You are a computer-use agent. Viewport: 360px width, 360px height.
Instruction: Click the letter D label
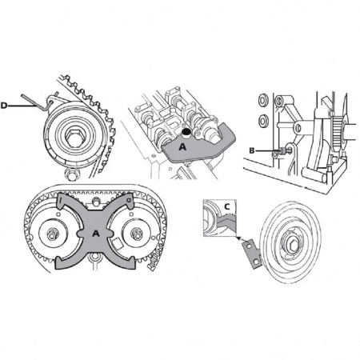[x=4, y=106]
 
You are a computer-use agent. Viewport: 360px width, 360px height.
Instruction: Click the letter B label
[x=252, y=151]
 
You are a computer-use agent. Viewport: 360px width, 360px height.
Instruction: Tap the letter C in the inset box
[x=227, y=206]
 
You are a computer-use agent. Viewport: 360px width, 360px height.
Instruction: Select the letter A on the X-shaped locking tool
[x=96, y=234]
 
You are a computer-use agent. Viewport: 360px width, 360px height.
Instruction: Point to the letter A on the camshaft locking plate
[x=182, y=146]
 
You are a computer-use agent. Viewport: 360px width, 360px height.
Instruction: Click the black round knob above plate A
[x=186, y=132]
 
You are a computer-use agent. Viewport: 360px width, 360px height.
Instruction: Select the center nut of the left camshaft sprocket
[x=52, y=234]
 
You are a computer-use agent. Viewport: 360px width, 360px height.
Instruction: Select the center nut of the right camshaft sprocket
[x=136, y=234]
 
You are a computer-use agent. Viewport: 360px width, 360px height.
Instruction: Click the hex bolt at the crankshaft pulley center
[x=290, y=244]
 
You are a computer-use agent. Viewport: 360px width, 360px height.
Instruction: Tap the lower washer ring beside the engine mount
[x=264, y=120]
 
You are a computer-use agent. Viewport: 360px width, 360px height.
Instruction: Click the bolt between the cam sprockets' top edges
[x=95, y=201]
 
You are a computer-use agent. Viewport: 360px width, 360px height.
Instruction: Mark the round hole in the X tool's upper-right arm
[x=129, y=199]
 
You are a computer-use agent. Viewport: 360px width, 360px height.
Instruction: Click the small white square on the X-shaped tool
[x=117, y=243]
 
